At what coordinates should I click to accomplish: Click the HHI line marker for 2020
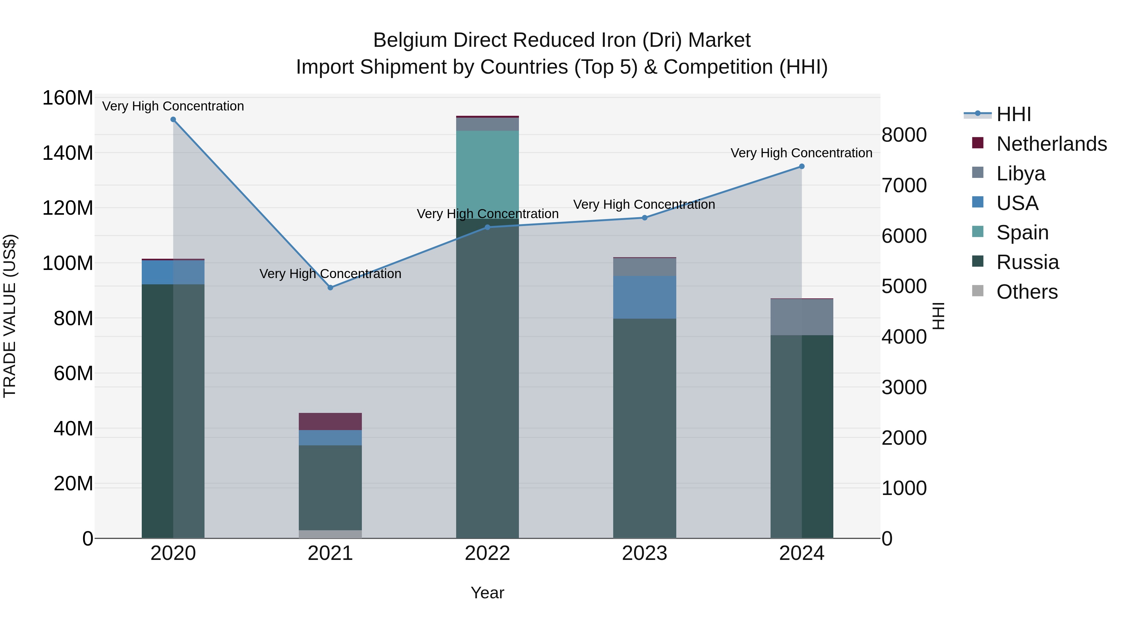click(x=173, y=120)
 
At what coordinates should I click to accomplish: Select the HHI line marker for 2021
click(x=330, y=288)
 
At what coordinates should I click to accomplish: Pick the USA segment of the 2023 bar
click(x=644, y=297)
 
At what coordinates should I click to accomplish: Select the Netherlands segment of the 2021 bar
click(x=330, y=421)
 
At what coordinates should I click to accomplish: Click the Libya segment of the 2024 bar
click(x=801, y=317)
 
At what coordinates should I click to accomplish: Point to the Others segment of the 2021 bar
click(x=330, y=534)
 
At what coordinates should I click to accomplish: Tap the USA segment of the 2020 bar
click(x=173, y=272)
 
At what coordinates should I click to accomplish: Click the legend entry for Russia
click(x=1027, y=262)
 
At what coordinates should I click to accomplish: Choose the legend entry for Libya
click(x=1021, y=174)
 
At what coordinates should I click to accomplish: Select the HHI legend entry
click(x=1013, y=114)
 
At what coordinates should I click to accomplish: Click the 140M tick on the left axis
click(x=68, y=154)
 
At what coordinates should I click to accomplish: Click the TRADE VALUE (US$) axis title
click(x=10, y=316)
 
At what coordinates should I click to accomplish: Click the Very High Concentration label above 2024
click(x=801, y=153)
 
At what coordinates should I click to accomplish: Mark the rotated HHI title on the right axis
click(x=938, y=316)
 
